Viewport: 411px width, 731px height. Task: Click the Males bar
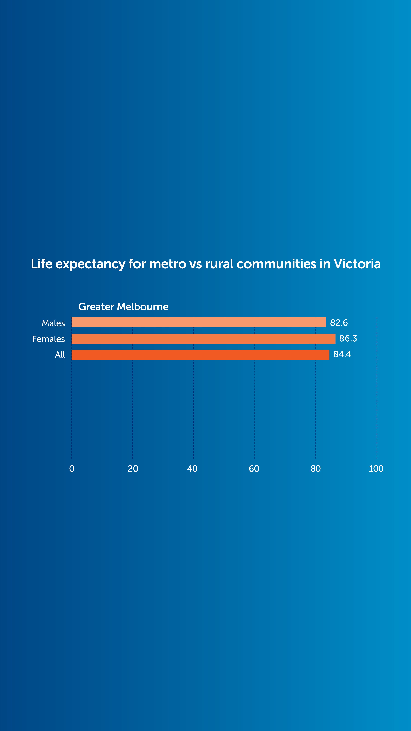pyautogui.click(x=199, y=322)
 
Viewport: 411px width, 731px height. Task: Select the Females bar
pyautogui.click(x=203, y=339)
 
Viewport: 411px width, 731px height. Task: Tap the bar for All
pyautogui.click(x=200, y=354)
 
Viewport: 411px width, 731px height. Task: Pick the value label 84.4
pyautogui.click(x=342, y=354)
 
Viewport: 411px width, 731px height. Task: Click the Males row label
pyautogui.click(x=53, y=323)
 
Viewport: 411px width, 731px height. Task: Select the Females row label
pyautogui.click(x=48, y=339)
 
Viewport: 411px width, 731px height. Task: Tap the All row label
pyautogui.click(x=60, y=355)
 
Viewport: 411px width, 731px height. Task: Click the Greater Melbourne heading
pyautogui.click(x=123, y=307)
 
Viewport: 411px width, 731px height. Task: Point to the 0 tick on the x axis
pyautogui.click(x=72, y=469)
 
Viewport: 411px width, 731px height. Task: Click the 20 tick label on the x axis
pyautogui.click(x=133, y=469)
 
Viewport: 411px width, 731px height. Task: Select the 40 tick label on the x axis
pyautogui.click(x=192, y=469)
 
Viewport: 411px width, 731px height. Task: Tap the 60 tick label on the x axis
pyautogui.click(x=254, y=469)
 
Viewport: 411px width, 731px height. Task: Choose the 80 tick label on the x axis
pyautogui.click(x=315, y=469)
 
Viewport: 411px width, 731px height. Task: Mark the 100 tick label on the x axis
pyautogui.click(x=376, y=469)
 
